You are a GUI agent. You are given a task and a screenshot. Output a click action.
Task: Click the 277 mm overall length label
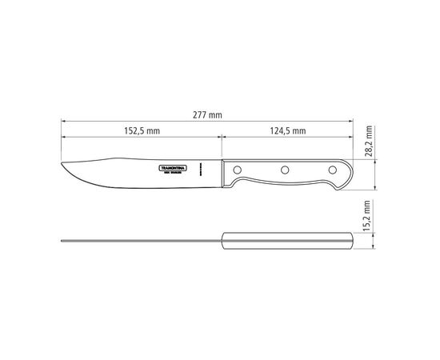pos(208,116)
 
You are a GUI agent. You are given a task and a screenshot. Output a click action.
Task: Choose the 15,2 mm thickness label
pos(369,214)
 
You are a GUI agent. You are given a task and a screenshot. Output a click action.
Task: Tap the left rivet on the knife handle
pos(238,170)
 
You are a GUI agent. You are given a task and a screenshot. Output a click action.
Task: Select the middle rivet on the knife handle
pos(283,170)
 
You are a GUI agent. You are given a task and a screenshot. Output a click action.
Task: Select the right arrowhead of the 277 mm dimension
pos(353,123)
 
